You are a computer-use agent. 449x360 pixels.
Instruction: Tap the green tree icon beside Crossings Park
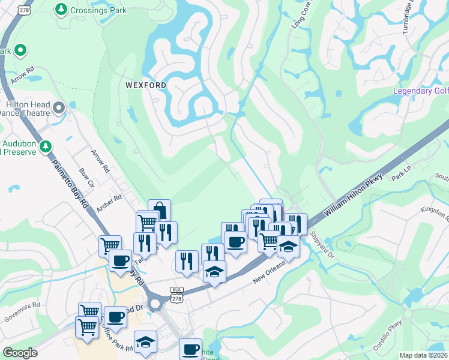(61, 9)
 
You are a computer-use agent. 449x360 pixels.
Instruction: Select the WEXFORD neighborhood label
(146, 85)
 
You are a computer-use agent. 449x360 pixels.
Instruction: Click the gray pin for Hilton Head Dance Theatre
(59, 108)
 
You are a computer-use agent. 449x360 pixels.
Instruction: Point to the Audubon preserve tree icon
(45, 146)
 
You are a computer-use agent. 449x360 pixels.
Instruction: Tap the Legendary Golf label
(420, 91)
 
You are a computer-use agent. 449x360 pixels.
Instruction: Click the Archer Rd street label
(109, 206)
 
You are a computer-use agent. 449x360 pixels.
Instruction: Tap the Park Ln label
(399, 175)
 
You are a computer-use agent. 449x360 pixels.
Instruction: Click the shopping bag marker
(159, 211)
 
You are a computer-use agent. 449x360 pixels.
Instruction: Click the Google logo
(20, 353)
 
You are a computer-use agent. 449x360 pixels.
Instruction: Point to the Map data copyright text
(424, 355)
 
